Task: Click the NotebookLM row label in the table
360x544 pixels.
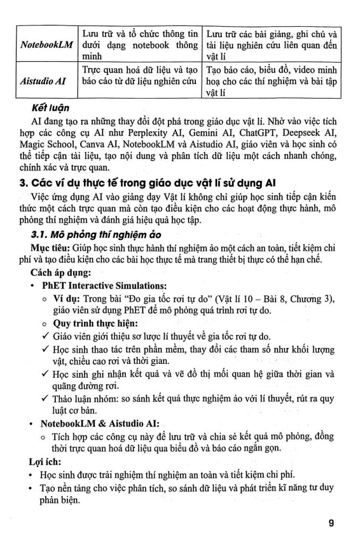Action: (46, 45)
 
